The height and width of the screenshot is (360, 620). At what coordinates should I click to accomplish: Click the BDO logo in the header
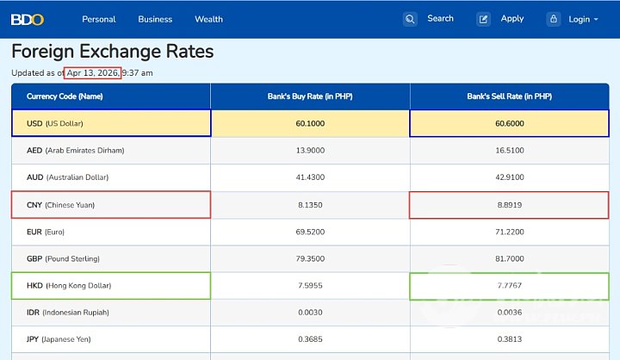click(x=28, y=19)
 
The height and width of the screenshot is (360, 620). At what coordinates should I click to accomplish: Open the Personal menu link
click(x=99, y=19)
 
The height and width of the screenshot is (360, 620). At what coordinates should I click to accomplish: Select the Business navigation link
click(x=155, y=19)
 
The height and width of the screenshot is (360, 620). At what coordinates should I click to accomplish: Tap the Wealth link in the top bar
click(x=208, y=19)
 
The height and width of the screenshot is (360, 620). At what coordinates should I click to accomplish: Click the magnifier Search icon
click(x=411, y=19)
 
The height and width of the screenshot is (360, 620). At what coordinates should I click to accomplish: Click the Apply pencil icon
click(x=484, y=19)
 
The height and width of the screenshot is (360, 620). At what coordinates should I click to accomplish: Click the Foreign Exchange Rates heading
click(x=112, y=52)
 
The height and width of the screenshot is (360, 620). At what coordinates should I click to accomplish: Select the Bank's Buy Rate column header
click(x=310, y=96)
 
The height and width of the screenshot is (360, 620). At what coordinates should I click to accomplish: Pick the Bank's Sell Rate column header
click(x=509, y=96)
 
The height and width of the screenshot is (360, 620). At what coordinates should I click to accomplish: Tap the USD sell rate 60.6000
click(x=509, y=123)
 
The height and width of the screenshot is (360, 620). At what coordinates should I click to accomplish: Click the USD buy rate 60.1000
click(x=310, y=123)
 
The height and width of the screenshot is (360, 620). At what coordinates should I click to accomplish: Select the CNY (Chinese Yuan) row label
click(x=60, y=205)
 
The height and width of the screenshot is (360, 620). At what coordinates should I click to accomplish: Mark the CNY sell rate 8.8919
click(x=509, y=205)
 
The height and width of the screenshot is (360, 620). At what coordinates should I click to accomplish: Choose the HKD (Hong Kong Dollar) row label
click(x=69, y=285)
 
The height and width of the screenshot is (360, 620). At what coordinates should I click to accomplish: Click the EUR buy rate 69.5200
click(x=310, y=232)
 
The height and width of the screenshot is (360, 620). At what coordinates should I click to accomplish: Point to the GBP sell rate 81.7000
click(x=509, y=258)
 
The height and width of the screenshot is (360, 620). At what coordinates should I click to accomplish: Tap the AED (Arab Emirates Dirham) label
click(x=76, y=150)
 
